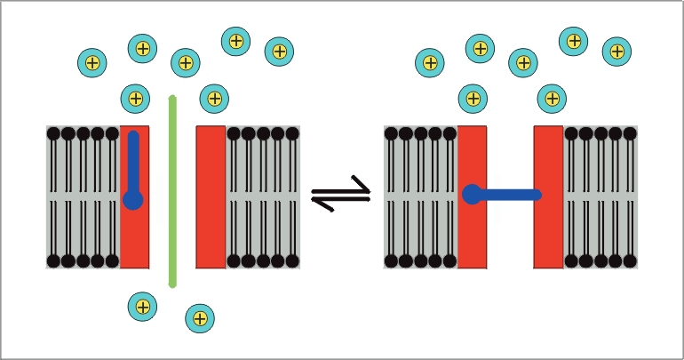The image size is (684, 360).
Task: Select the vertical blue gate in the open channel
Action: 133,164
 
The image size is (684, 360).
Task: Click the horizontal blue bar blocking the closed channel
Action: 508,195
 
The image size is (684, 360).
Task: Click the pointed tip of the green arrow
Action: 172,96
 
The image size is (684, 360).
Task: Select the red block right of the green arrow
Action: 211,196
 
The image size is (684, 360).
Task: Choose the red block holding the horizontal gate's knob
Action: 473,231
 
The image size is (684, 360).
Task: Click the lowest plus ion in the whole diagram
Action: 200,318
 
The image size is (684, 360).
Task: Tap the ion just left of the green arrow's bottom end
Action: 142,307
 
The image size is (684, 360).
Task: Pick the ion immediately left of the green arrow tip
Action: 135,98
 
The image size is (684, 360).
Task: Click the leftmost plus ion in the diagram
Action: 91,62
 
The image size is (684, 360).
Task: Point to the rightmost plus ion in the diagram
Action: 616,52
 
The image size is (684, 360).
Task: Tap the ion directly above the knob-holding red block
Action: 473,98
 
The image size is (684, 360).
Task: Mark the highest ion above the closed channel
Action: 574,40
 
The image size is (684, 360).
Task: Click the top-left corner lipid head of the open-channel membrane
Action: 53,133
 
